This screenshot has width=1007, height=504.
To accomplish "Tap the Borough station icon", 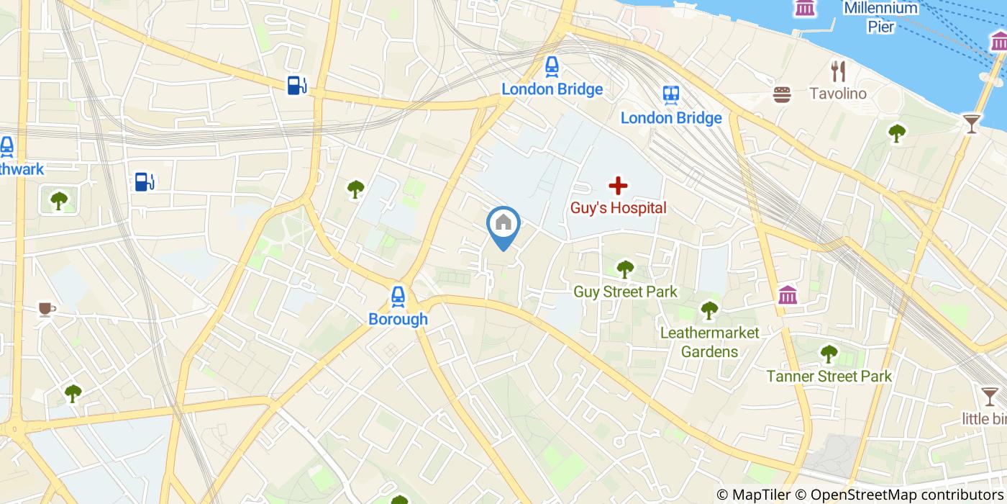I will tap(398, 296).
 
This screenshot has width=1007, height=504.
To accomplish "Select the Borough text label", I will tap(398, 319).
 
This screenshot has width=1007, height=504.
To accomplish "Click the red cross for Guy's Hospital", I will tap(618, 186).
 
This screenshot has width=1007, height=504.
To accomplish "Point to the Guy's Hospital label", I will tap(618, 208).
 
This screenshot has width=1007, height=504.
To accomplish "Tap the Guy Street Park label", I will tap(625, 292).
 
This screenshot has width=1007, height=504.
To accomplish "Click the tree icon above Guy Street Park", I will tap(625, 269).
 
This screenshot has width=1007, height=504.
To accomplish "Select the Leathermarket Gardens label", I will tap(709, 342).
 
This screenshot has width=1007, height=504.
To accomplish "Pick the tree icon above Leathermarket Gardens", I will tap(709, 310).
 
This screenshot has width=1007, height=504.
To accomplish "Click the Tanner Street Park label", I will tap(829, 376).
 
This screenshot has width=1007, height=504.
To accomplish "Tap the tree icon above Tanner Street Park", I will tap(829, 354).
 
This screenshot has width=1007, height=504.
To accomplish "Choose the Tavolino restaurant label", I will tap(838, 94).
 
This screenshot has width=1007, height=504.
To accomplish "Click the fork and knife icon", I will tap(838, 71).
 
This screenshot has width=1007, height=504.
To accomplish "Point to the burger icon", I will tap(783, 94).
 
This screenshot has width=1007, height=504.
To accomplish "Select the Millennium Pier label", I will tap(881, 17).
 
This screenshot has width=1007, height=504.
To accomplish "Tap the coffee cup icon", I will tap(47, 309).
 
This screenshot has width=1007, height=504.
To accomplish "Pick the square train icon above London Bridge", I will tap(671, 94).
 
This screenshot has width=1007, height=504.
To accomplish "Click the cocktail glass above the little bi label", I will tap(990, 395).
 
